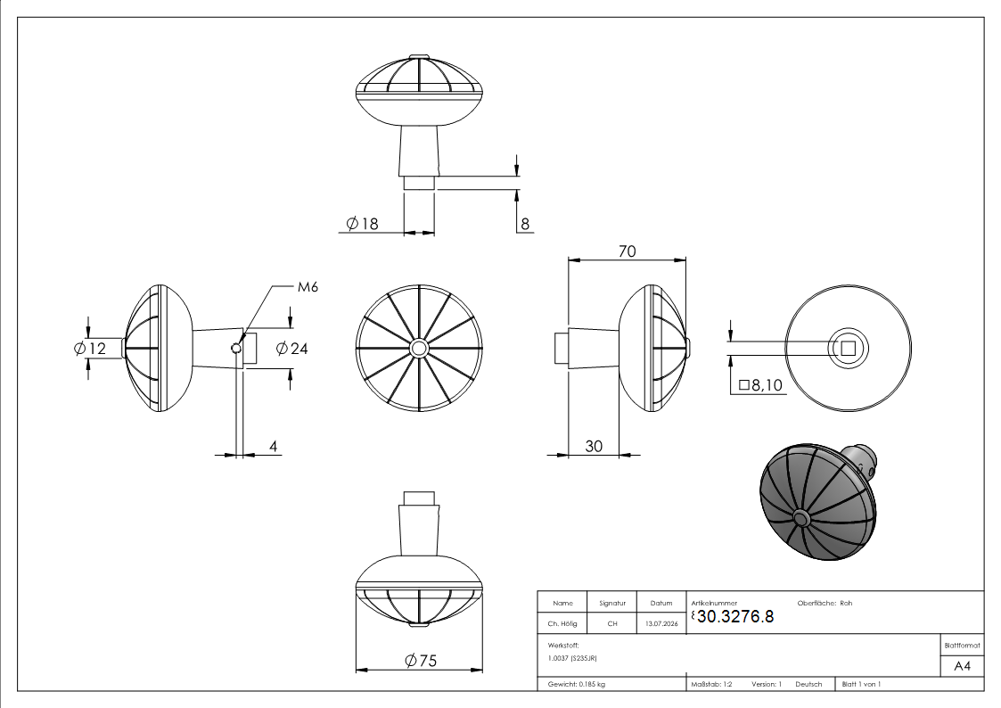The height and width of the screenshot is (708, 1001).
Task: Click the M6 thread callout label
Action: pos(308,286)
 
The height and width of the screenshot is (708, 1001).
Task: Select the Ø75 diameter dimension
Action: pos(421,660)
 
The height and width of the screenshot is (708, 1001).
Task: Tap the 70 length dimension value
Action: pos(627,251)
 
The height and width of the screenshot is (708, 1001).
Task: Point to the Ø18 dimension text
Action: pos(362,224)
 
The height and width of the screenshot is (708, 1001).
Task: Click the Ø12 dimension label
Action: pos(89,348)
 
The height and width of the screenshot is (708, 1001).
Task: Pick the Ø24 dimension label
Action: pos(291,348)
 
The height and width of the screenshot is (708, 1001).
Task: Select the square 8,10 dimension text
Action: pos(760,385)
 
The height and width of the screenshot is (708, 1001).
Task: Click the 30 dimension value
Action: pos(594,446)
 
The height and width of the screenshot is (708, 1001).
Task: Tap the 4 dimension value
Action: pos(274,446)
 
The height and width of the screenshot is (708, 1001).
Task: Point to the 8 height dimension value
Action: pos(525,224)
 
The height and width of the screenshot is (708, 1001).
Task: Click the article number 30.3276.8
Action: pos(735,616)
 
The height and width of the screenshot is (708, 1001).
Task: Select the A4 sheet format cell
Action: pos(962,666)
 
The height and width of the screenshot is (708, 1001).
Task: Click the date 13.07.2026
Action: pos(661,623)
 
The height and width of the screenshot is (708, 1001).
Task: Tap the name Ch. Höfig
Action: pos(562,623)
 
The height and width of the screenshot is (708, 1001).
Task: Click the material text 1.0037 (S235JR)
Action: pos(572,657)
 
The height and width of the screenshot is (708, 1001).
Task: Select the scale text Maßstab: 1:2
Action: pos(712,684)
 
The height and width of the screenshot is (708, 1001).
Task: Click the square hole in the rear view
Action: pos(848,348)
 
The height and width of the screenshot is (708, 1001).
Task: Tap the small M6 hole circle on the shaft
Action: pos(236,348)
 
